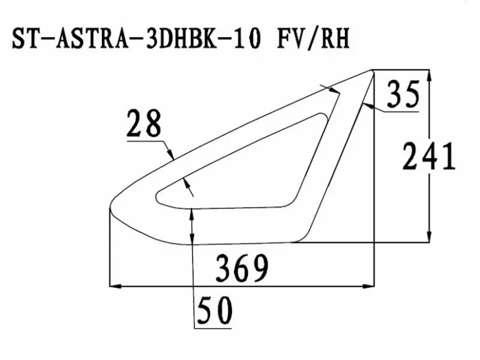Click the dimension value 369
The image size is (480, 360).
point(242,268)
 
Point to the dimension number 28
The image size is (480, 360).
point(144,124)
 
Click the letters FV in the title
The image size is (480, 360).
point(290,38)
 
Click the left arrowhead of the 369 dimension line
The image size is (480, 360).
point(115,286)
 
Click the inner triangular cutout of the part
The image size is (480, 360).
point(252,168)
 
